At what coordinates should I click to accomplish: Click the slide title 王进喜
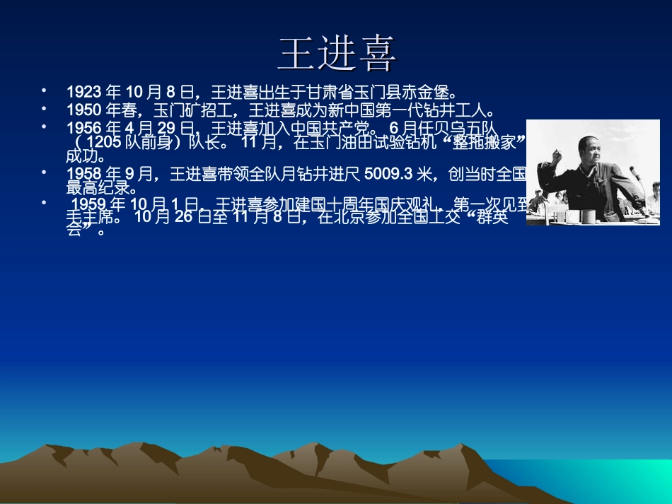tap(337, 54)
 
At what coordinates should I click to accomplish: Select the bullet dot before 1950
tap(44, 108)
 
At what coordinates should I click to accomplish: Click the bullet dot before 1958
tap(44, 172)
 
